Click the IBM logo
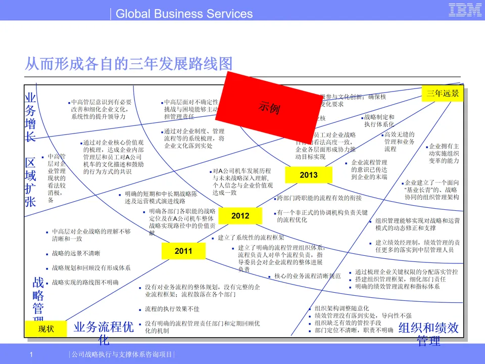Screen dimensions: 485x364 [x=465, y=10]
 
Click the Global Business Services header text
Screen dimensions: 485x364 [x=184, y=14]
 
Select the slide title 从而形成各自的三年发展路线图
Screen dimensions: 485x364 [x=129, y=64]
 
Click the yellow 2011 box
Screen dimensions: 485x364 [x=183, y=251]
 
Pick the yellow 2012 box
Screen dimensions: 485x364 [x=240, y=216]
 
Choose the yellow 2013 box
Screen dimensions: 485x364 [x=309, y=175]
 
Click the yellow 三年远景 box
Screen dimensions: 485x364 [x=443, y=94]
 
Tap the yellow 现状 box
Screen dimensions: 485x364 [x=45, y=329]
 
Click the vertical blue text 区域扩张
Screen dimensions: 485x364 [x=31, y=182]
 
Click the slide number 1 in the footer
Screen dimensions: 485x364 [x=31, y=354]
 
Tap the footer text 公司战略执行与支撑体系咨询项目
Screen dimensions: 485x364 [x=121, y=354]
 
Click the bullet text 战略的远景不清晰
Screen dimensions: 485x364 [x=76, y=253]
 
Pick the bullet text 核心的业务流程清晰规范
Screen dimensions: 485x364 [x=307, y=277]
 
